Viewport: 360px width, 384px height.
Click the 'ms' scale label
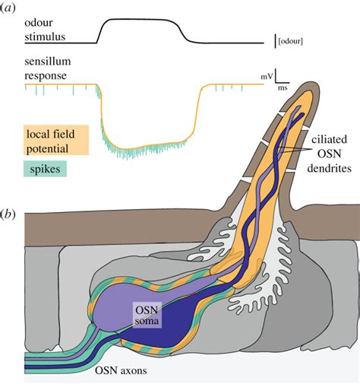pyautogui.click(x=282, y=89)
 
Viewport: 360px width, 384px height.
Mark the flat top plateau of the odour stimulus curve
pyautogui.click(x=140, y=21)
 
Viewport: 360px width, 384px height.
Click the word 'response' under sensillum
pyautogui.click(x=45, y=76)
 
